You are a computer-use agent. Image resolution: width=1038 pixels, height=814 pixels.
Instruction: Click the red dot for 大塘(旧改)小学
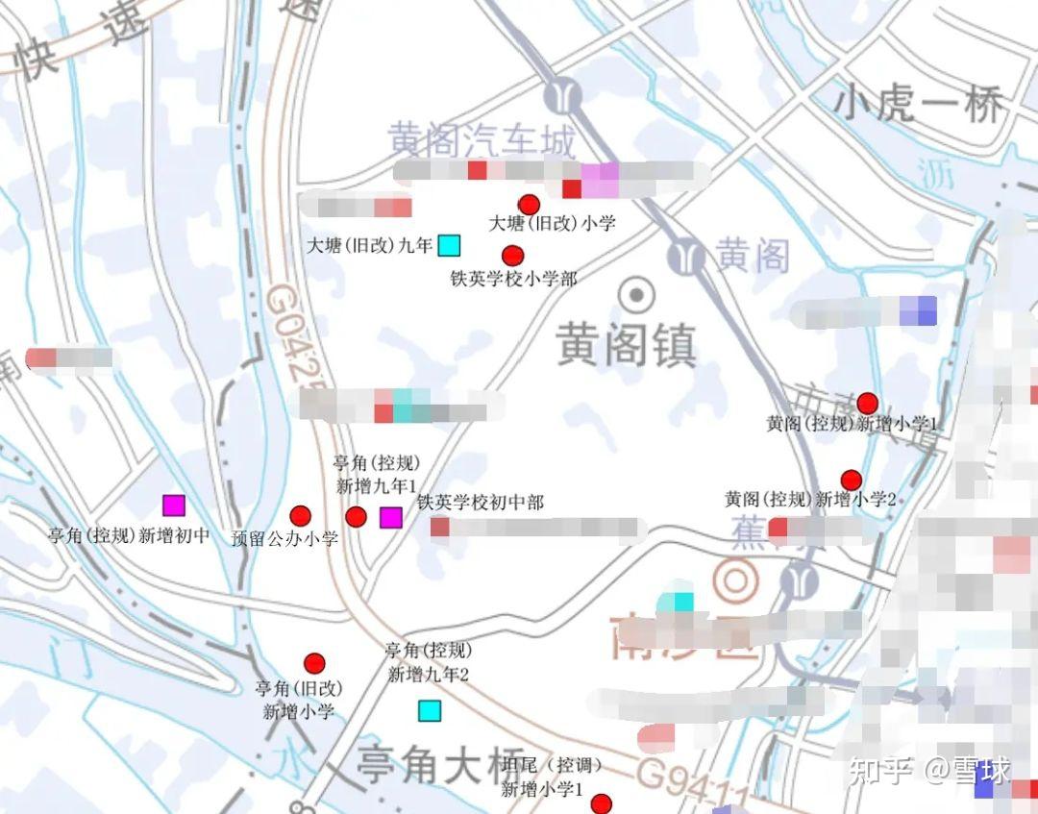tap(529, 205)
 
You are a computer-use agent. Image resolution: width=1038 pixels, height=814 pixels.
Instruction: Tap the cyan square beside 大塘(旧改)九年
tap(449, 245)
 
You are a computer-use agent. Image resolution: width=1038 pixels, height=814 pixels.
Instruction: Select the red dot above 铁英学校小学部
tap(513, 256)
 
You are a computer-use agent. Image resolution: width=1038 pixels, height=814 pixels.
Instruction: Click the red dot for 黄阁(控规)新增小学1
tap(868, 404)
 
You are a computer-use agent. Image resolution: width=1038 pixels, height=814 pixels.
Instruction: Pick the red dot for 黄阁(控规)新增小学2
tap(851, 480)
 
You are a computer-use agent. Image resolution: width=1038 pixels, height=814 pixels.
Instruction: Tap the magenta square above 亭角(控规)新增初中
tap(173, 505)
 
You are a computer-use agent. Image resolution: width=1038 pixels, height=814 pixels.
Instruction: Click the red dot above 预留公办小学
tap(301, 516)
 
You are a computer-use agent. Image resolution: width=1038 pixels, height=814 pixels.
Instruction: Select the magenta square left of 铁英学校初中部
tap(390, 517)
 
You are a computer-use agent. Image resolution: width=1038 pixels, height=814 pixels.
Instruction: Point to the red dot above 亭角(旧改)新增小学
tap(314, 663)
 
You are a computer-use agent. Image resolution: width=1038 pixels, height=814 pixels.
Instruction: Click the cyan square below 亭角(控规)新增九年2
tap(429, 711)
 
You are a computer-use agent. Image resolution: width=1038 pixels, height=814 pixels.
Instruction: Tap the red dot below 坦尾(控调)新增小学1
tap(602, 804)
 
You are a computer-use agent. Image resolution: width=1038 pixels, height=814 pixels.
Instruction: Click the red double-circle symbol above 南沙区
tap(736, 580)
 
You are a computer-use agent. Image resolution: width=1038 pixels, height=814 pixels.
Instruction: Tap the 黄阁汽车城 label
tap(482, 141)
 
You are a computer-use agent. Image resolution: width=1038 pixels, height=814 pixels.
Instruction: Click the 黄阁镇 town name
tap(627, 344)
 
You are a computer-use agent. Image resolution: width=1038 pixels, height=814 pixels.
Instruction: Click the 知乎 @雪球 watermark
tap(928, 771)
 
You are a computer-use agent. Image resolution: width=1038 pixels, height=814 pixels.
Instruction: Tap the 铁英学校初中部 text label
tap(481, 503)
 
